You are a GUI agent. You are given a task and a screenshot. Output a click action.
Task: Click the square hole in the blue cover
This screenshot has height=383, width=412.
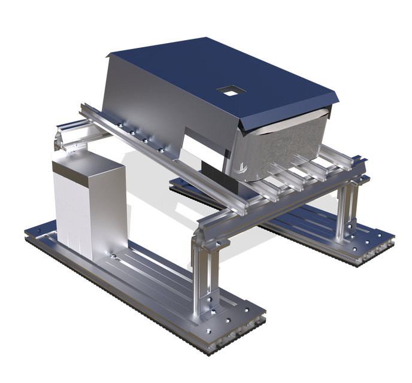[x=229, y=90]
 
